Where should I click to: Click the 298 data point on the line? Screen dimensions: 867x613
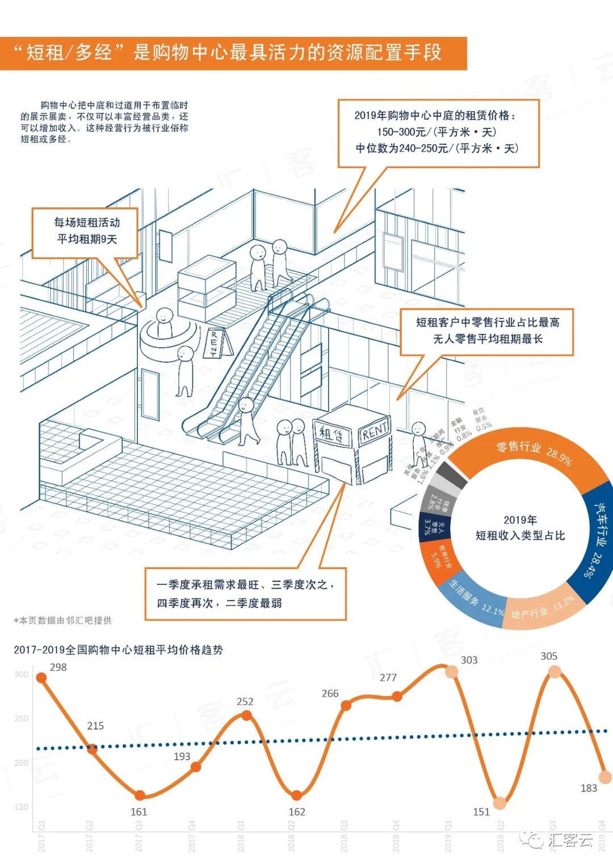click(x=41, y=677)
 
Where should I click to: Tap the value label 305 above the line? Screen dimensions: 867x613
click(x=548, y=656)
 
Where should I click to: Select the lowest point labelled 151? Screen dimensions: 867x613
click(x=499, y=803)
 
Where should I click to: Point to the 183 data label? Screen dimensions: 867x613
click(x=589, y=788)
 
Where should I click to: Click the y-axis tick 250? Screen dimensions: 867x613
click(x=21, y=718)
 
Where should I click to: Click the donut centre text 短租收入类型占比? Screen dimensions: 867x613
click(x=520, y=535)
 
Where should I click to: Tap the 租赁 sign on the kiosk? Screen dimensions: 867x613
click(x=331, y=435)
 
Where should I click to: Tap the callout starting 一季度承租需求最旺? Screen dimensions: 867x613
click(x=245, y=593)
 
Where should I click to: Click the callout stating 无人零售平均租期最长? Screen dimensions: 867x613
click(x=487, y=331)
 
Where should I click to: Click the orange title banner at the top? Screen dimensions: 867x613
click(x=233, y=53)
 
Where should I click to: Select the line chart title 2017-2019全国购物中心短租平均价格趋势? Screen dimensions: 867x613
click(x=118, y=650)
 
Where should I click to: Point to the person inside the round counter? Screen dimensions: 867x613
click(x=164, y=321)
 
